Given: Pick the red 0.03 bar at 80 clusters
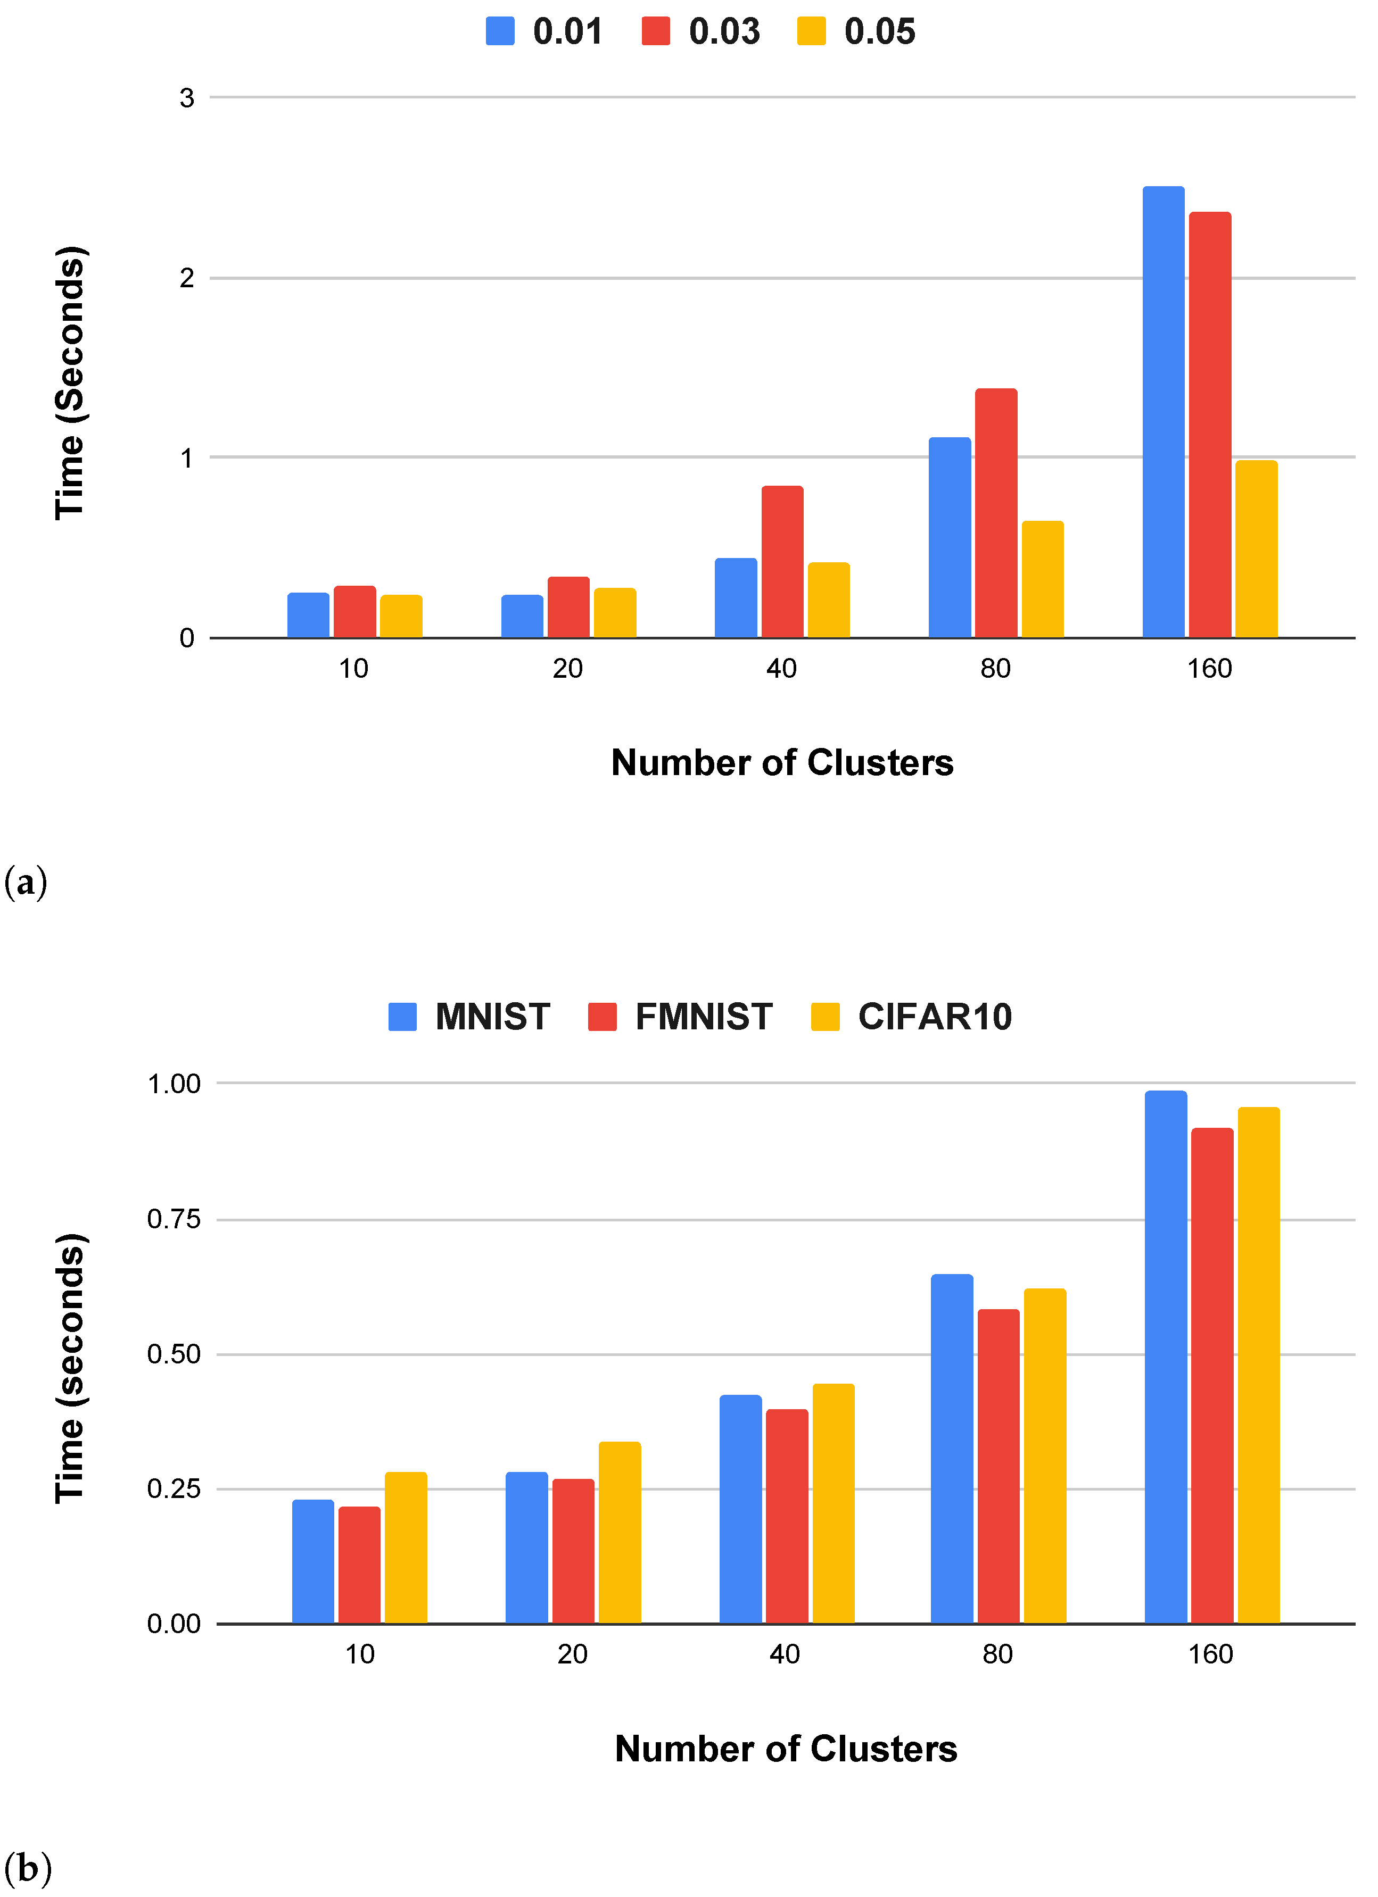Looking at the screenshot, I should coord(996,513).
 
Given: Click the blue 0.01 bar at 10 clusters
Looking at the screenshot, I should coord(308,615).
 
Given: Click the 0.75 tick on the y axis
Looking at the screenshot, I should coord(174,1219).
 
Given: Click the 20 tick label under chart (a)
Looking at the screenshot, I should coord(567,668).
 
